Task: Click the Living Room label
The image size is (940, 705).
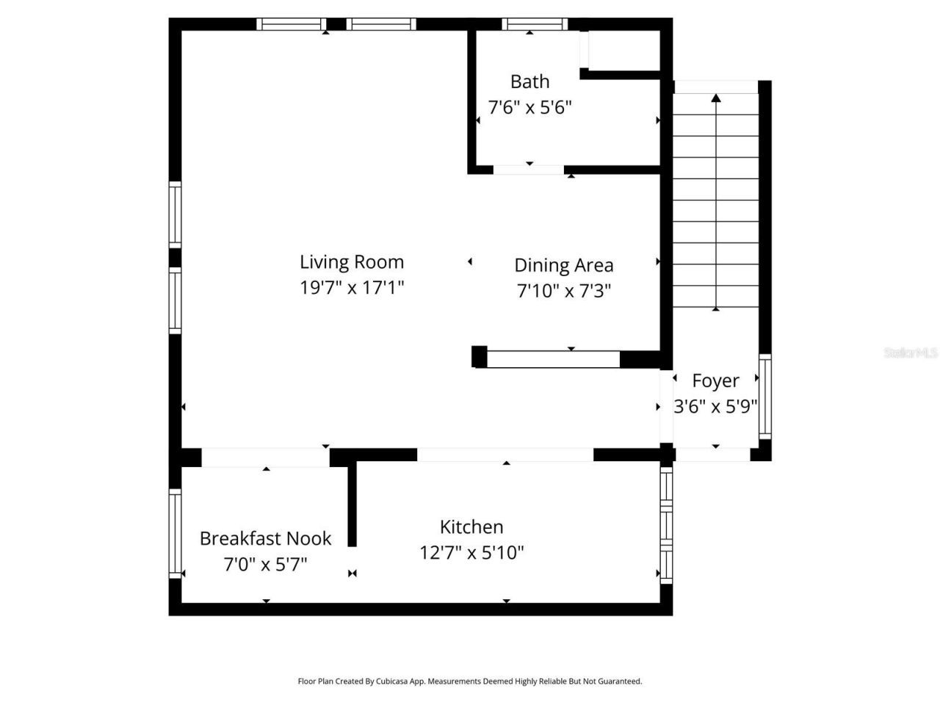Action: point(352,262)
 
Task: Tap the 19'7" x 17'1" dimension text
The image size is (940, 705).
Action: point(352,287)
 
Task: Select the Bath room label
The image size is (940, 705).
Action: point(529,82)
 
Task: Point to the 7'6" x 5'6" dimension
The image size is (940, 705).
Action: point(529,107)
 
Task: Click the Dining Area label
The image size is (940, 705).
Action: point(563,265)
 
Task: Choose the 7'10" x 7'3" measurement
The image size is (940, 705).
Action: point(563,291)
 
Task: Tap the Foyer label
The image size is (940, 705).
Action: point(715,380)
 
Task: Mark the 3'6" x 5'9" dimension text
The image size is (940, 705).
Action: point(715,406)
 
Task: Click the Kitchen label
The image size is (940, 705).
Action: point(471,527)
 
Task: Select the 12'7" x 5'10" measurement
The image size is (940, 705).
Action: point(471,552)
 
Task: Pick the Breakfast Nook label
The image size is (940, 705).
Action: point(265,538)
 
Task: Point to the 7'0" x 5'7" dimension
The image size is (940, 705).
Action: point(265,564)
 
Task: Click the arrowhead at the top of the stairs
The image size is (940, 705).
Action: point(716,97)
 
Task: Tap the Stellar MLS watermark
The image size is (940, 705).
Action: point(910,353)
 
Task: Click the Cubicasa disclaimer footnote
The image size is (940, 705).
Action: point(469,681)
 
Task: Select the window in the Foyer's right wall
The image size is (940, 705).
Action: point(764,397)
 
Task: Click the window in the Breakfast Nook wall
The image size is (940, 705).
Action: point(175,533)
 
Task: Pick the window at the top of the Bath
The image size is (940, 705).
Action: point(535,24)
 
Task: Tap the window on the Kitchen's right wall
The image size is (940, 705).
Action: point(666,525)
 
